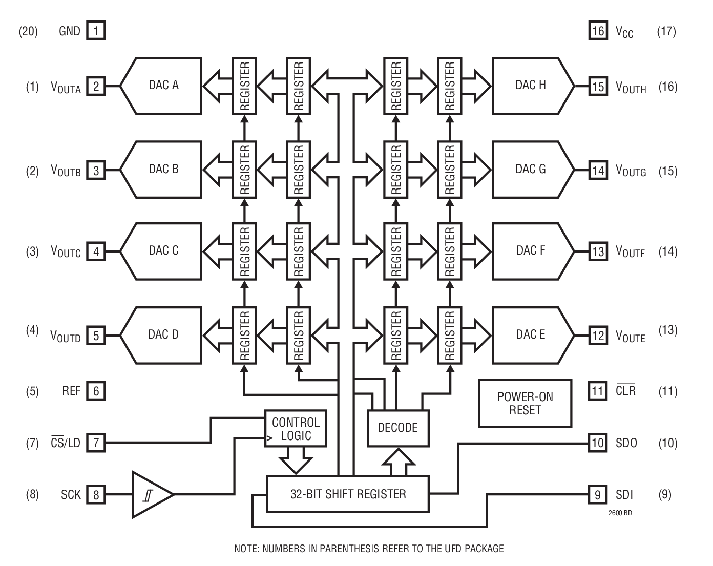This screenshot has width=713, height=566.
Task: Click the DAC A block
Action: click(164, 85)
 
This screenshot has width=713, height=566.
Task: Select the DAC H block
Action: click(531, 85)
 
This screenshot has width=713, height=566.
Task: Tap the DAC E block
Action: click(531, 335)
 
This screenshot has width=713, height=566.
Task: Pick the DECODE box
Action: click(398, 428)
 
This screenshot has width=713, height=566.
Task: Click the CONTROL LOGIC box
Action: click(296, 429)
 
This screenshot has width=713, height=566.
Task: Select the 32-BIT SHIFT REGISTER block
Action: click(348, 494)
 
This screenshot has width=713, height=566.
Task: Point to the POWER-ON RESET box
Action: click(525, 404)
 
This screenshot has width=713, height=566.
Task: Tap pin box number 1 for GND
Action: click(96, 31)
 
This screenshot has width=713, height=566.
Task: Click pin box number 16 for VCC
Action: click(598, 31)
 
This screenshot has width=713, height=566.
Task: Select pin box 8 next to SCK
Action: click(96, 495)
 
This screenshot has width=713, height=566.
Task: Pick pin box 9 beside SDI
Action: click(598, 495)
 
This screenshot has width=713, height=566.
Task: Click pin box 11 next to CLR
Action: click(598, 391)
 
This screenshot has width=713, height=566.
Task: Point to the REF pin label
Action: click(71, 391)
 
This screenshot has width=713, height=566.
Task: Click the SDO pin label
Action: click(626, 443)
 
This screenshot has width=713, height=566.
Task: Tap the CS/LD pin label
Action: click(66, 443)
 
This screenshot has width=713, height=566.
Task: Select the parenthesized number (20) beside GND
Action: click(28, 31)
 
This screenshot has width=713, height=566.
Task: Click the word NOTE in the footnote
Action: click(246, 549)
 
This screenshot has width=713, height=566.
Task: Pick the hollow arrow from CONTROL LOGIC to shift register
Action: click(296, 460)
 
